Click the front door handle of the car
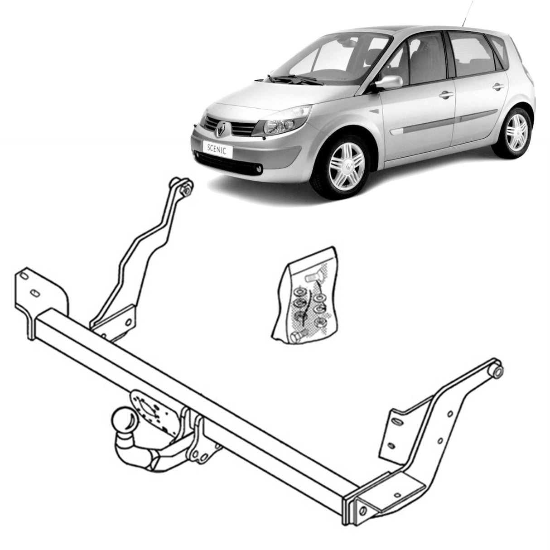(446, 95)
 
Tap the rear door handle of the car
(498, 87)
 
